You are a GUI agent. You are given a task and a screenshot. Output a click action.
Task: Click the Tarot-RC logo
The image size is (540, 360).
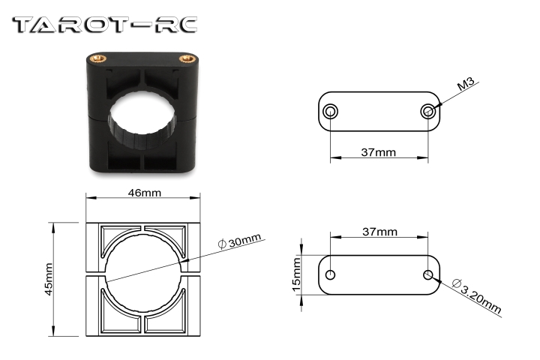click(x=105, y=25)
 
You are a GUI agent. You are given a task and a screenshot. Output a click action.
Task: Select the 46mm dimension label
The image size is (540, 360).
click(x=144, y=193)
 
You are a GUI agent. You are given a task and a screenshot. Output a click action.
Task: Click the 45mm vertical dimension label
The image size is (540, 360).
click(x=49, y=279)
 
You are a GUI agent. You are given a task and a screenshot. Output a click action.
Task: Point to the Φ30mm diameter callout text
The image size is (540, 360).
click(x=240, y=241)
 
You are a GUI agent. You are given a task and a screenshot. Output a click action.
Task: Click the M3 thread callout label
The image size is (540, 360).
click(x=466, y=85)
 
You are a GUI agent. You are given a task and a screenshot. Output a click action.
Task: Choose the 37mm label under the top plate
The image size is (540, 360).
click(x=379, y=152)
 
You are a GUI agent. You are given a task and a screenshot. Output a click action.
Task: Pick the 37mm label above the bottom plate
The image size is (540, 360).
click(x=379, y=232)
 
